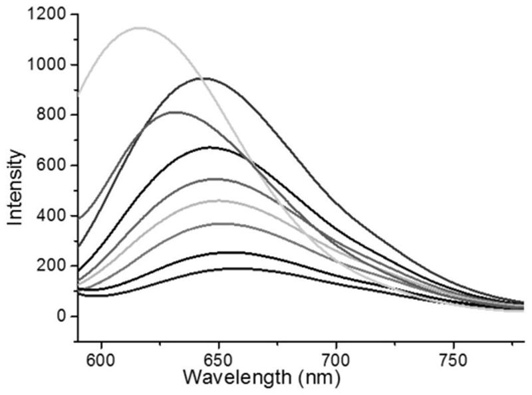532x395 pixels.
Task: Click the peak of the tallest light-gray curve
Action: click(140, 28)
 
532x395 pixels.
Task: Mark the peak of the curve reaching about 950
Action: click(207, 78)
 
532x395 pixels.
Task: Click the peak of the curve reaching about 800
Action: click(174, 112)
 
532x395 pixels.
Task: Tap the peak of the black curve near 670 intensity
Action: click(210, 148)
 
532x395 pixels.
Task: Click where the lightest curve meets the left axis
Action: click(79, 95)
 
